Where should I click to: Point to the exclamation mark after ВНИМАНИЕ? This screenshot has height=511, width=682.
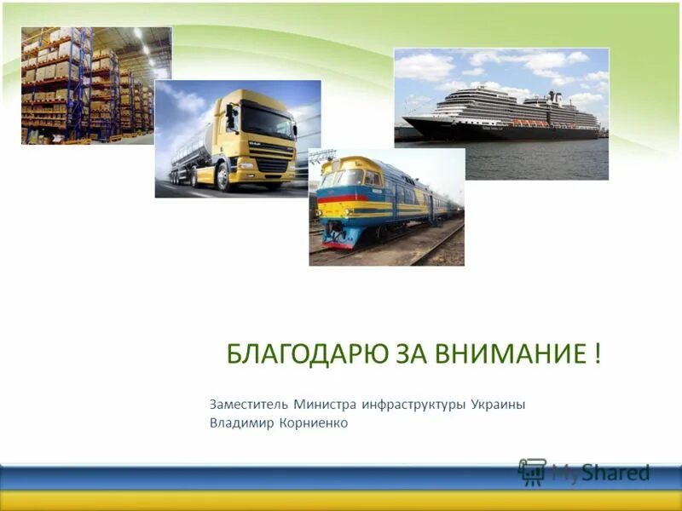595,354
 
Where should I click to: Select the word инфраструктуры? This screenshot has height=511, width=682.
413,404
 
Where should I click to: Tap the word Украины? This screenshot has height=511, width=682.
498,404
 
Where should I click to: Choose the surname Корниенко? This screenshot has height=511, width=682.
313,422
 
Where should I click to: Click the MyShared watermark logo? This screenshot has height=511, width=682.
584,472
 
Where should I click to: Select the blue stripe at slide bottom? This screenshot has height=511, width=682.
256,477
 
